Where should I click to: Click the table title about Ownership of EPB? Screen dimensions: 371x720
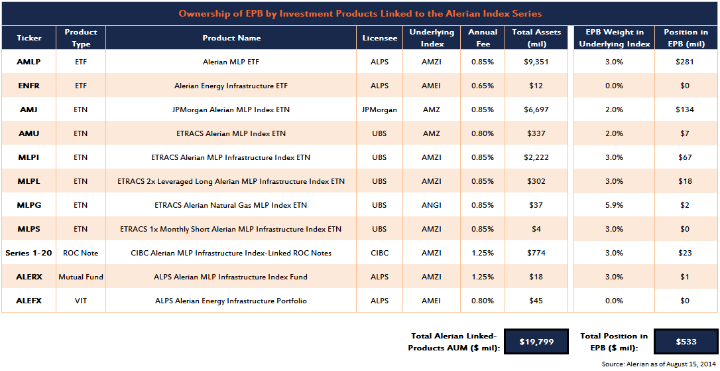pyautogui.click(x=360, y=13)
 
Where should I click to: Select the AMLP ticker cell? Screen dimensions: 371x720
pyautogui.click(x=29, y=62)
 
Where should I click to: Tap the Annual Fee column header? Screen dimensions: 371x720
pyautogui.click(x=483, y=38)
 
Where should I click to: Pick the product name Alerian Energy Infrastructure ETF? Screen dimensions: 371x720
pyautogui.click(x=231, y=86)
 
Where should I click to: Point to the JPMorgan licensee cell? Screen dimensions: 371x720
pyautogui.click(x=380, y=110)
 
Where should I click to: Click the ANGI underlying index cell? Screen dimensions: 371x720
pyautogui.click(x=432, y=205)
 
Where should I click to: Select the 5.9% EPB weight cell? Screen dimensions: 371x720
pyautogui.click(x=613, y=205)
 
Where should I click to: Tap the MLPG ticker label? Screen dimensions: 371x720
pyautogui.click(x=29, y=205)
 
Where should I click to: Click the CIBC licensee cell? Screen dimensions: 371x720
pyautogui.click(x=380, y=253)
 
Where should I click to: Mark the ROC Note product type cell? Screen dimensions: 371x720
pyautogui.click(x=80, y=253)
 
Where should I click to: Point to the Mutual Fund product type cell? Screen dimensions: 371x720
pyautogui.click(x=80, y=277)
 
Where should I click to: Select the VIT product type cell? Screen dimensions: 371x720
pyautogui.click(x=80, y=301)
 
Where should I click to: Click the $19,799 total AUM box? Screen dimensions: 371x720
pyautogui.click(x=536, y=342)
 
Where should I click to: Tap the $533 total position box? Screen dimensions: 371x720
pyautogui.click(x=686, y=342)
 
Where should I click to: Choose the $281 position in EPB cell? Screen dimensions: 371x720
pyautogui.click(x=686, y=62)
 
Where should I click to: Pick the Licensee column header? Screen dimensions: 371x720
pyautogui.click(x=380, y=38)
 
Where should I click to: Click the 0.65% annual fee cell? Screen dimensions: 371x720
pyautogui.click(x=483, y=86)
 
